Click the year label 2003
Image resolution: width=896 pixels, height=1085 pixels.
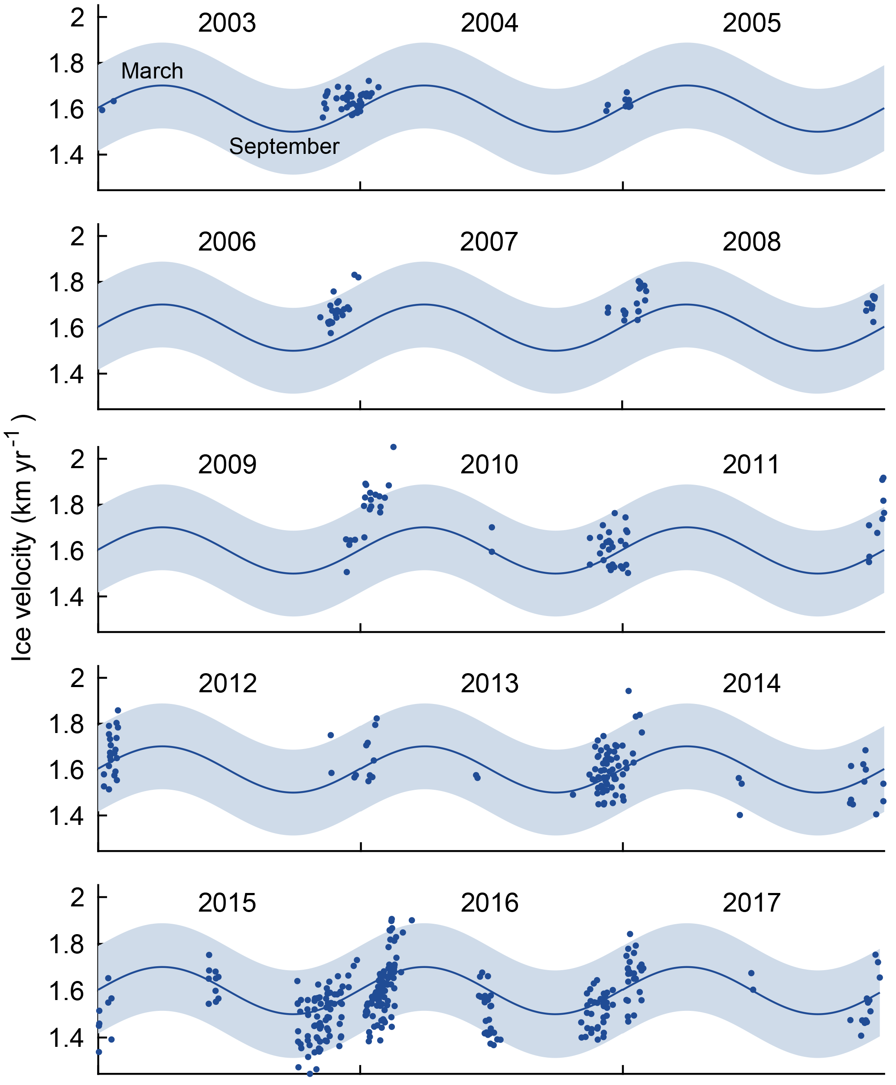pos(227,23)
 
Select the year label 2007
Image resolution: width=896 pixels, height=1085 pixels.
pos(489,242)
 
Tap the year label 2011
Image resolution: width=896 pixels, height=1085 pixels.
pos(751,465)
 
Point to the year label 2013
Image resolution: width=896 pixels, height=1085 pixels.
pos(489,684)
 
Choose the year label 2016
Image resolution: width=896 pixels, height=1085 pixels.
pos(489,903)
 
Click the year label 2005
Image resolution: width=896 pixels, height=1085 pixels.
pos(752,23)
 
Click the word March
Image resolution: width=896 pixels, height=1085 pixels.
pos(152,71)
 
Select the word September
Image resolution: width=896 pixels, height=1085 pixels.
pos(284,147)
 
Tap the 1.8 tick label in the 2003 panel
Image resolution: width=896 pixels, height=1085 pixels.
pos(66,64)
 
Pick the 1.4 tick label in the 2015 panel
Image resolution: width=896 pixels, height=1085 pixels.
pos(66,1037)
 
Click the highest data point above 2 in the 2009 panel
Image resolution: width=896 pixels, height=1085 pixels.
pos(393,447)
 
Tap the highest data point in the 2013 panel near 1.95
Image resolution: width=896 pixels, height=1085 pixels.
pos(629,691)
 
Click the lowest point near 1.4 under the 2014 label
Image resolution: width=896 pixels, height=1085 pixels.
pos(740,815)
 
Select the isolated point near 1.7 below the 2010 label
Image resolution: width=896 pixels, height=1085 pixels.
pos(492,528)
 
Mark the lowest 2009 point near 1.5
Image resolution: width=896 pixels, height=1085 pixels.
pos(347,572)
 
